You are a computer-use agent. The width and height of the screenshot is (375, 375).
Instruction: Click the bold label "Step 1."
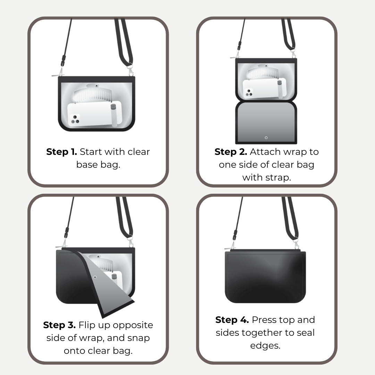point(61,152)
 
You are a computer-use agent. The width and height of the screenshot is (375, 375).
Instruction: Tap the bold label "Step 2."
point(231,152)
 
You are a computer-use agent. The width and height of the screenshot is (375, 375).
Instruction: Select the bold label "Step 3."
point(59,325)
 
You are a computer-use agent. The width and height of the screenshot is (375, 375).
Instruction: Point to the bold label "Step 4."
point(232,320)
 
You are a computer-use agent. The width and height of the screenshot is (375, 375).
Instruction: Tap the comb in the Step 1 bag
point(93,93)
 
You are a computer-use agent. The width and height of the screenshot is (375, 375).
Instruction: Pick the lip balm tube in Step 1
point(114,115)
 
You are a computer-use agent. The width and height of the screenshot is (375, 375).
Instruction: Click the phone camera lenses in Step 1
point(75,119)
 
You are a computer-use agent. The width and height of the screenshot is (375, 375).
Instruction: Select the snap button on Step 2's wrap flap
point(266,138)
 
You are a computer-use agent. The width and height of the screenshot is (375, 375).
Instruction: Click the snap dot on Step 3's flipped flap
point(95,277)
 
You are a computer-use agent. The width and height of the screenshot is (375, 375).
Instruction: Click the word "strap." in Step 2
point(278,178)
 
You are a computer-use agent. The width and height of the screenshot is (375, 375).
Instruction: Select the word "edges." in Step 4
point(265,346)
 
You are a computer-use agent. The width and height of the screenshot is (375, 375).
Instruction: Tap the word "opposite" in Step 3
point(133,325)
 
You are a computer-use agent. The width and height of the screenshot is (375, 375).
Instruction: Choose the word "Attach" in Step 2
point(265,152)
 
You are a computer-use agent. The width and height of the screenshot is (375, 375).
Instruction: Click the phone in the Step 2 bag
point(264,88)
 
